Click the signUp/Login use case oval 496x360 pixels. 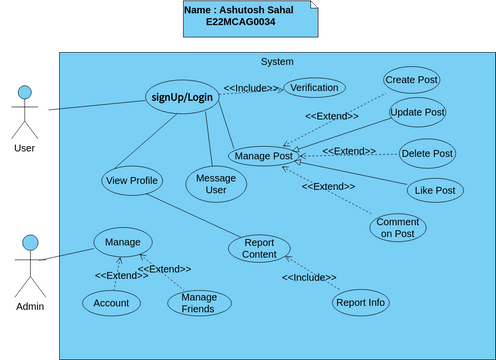click(x=182, y=97)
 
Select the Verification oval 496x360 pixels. click(x=314, y=88)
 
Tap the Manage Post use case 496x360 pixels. click(x=262, y=156)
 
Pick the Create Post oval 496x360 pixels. click(x=411, y=80)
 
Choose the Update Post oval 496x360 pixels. click(x=417, y=111)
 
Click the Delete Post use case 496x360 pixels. click(x=427, y=154)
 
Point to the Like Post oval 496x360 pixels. click(x=435, y=191)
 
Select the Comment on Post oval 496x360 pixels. click(x=397, y=227)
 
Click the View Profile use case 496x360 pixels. click(x=131, y=181)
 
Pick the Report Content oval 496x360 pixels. click(x=259, y=248)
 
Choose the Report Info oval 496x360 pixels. click(x=360, y=302)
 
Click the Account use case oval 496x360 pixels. click(x=111, y=303)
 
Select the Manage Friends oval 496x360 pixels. click(x=198, y=303)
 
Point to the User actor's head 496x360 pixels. click(x=30, y=93)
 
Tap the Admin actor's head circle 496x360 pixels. click(x=30, y=242)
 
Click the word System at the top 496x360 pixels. click(x=277, y=62)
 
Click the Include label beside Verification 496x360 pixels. click(x=251, y=88)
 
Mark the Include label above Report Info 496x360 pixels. click(x=309, y=277)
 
